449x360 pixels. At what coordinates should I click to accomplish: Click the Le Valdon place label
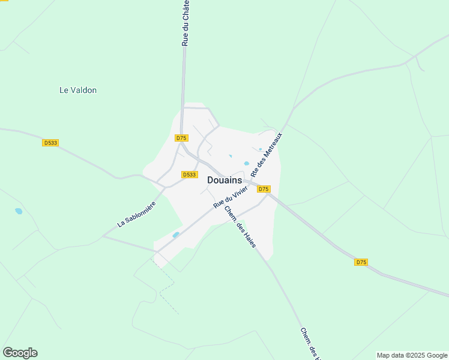point(78,91)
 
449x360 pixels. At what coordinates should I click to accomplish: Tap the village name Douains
point(224,180)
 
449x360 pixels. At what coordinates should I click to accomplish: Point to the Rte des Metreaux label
point(266,154)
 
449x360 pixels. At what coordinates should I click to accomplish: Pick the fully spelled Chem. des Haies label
point(240,227)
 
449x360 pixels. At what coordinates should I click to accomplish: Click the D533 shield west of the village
point(50,143)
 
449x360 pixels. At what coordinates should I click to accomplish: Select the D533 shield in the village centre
point(189,175)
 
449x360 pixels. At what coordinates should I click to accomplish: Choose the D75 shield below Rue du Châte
point(182,138)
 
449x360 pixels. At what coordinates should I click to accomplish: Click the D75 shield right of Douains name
point(264,189)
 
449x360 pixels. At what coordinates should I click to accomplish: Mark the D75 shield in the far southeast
point(361,262)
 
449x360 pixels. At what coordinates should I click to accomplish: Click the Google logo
point(20,353)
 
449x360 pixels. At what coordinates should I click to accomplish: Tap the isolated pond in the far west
point(19,211)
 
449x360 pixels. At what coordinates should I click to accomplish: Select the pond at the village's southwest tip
point(176,235)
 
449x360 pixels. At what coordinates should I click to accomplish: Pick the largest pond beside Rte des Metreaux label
point(247,163)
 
